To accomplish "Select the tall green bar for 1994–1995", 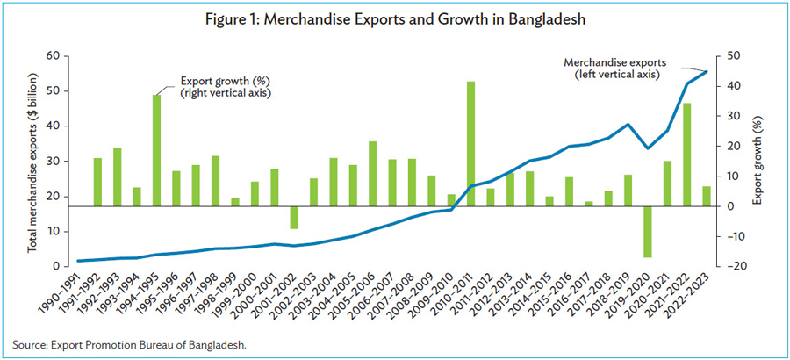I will (x=156, y=150).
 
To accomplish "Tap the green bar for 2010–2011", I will (x=470, y=144).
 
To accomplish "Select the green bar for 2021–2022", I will (x=686, y=155).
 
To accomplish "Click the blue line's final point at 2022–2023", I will (x=707, y=71).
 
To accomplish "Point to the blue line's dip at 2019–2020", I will (x=648, y=148).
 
